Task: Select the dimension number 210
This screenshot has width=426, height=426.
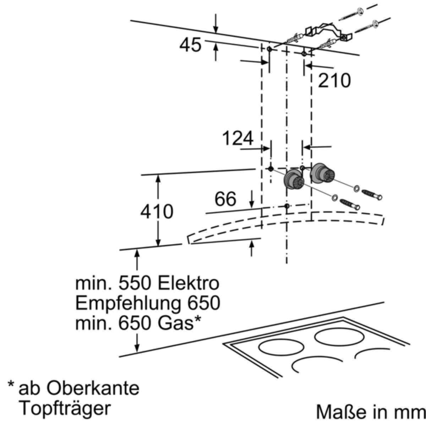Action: click(x=334, y=81)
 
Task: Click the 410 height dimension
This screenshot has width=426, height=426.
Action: click(x=157, y=212)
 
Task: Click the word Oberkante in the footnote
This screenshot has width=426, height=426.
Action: click(x=93, y=389)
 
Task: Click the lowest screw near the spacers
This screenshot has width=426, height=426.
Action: click(x=350, y=204)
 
